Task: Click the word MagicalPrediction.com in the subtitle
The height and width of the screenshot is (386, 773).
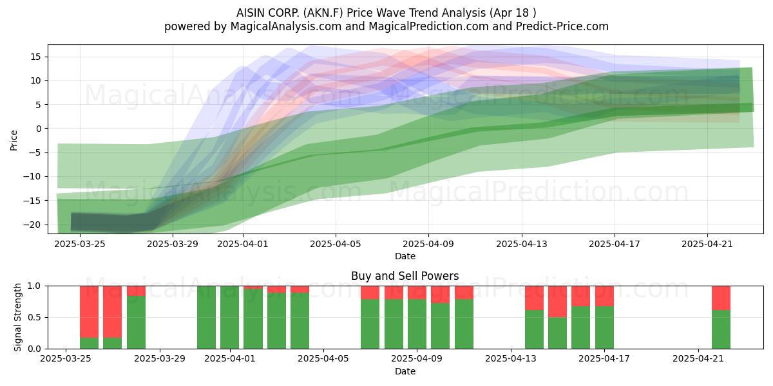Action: [428, 26]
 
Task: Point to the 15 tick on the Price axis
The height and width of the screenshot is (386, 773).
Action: [35, 57]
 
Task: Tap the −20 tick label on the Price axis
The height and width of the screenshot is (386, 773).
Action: [32, 225]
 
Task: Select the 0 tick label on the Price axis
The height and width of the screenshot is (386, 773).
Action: [38, 129]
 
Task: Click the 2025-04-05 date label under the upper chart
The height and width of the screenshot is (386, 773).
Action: [336, 244]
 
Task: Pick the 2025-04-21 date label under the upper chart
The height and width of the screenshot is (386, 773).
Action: [707, 244]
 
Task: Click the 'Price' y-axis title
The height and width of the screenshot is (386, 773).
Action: [14, 140]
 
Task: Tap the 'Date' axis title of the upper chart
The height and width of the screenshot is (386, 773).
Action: [405, 256]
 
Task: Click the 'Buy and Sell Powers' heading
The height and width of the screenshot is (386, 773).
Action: [405, 276]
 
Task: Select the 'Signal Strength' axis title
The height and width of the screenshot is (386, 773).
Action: [17, 317]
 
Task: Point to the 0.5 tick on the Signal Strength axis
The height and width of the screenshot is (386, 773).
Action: [35, 317]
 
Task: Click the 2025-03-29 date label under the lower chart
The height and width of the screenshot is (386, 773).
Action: [160, 359]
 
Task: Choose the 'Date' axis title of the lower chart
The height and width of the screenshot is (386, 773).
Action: [405, 371]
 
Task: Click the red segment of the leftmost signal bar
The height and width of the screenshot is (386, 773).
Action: [89, 311]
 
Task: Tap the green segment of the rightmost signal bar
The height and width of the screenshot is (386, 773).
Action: [721, 329]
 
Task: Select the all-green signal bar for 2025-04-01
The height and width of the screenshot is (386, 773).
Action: [229, 317]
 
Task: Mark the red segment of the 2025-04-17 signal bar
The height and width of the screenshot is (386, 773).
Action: [604, 296]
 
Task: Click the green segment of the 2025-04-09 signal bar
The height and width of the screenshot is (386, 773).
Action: [417, 324]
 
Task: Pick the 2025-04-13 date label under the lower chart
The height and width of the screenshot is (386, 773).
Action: [511, 359]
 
